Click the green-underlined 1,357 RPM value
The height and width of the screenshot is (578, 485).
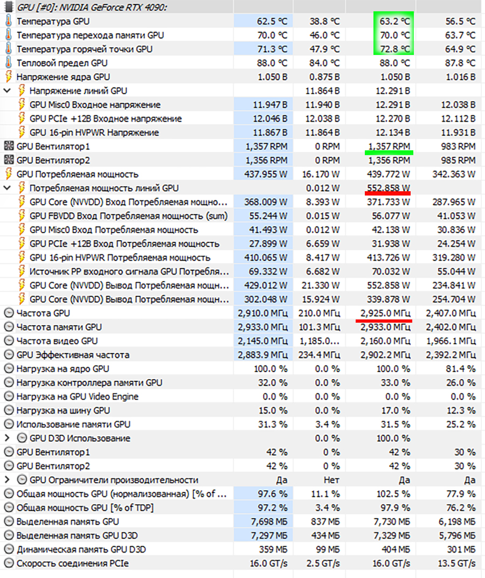tap(389, 146)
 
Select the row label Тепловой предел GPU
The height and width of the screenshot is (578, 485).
tap(62, 63)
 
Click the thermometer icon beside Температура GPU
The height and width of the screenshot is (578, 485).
tap(8, 22)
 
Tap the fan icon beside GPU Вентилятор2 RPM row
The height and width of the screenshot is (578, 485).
tap(8, 160)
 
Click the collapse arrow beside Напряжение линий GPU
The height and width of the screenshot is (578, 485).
tap(7, 90)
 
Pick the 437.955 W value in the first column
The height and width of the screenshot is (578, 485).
tap(266, 174)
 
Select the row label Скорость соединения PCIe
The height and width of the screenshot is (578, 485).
tap(73, 563)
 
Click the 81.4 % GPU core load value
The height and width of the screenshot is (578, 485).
tap(462, 369)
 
